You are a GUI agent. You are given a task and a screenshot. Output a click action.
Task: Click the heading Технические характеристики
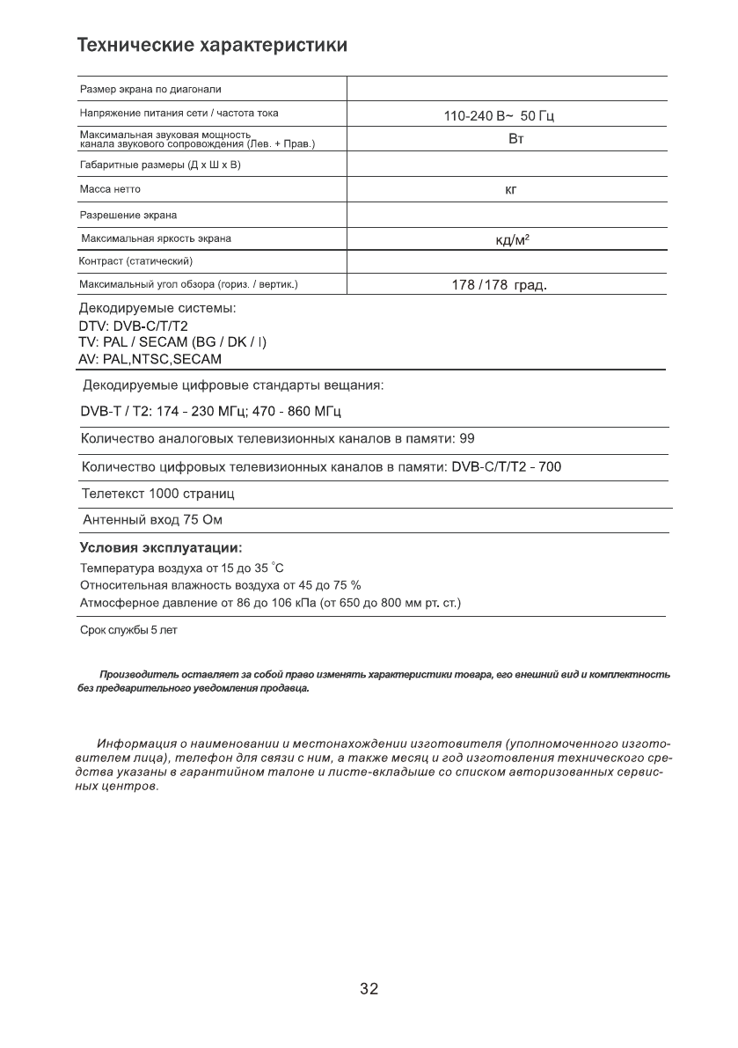212,45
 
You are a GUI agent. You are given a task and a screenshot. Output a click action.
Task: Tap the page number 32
369,989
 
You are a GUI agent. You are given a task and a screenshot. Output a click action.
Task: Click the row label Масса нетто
110,189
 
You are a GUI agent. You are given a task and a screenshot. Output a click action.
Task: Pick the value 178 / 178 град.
500,286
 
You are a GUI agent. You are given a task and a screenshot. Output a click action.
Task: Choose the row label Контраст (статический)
135,261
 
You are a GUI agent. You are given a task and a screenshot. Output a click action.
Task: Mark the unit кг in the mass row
510,189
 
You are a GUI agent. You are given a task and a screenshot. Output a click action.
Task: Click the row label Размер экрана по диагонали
150,90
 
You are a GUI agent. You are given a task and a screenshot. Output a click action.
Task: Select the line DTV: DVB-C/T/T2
134,326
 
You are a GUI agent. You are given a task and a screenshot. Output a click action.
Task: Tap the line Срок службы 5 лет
128,630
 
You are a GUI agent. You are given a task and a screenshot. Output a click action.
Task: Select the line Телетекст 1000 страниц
157,494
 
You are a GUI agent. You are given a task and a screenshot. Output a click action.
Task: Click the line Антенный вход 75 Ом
152,520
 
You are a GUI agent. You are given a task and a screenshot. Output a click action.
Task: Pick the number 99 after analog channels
468,438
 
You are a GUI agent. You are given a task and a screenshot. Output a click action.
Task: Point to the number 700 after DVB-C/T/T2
550,466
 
